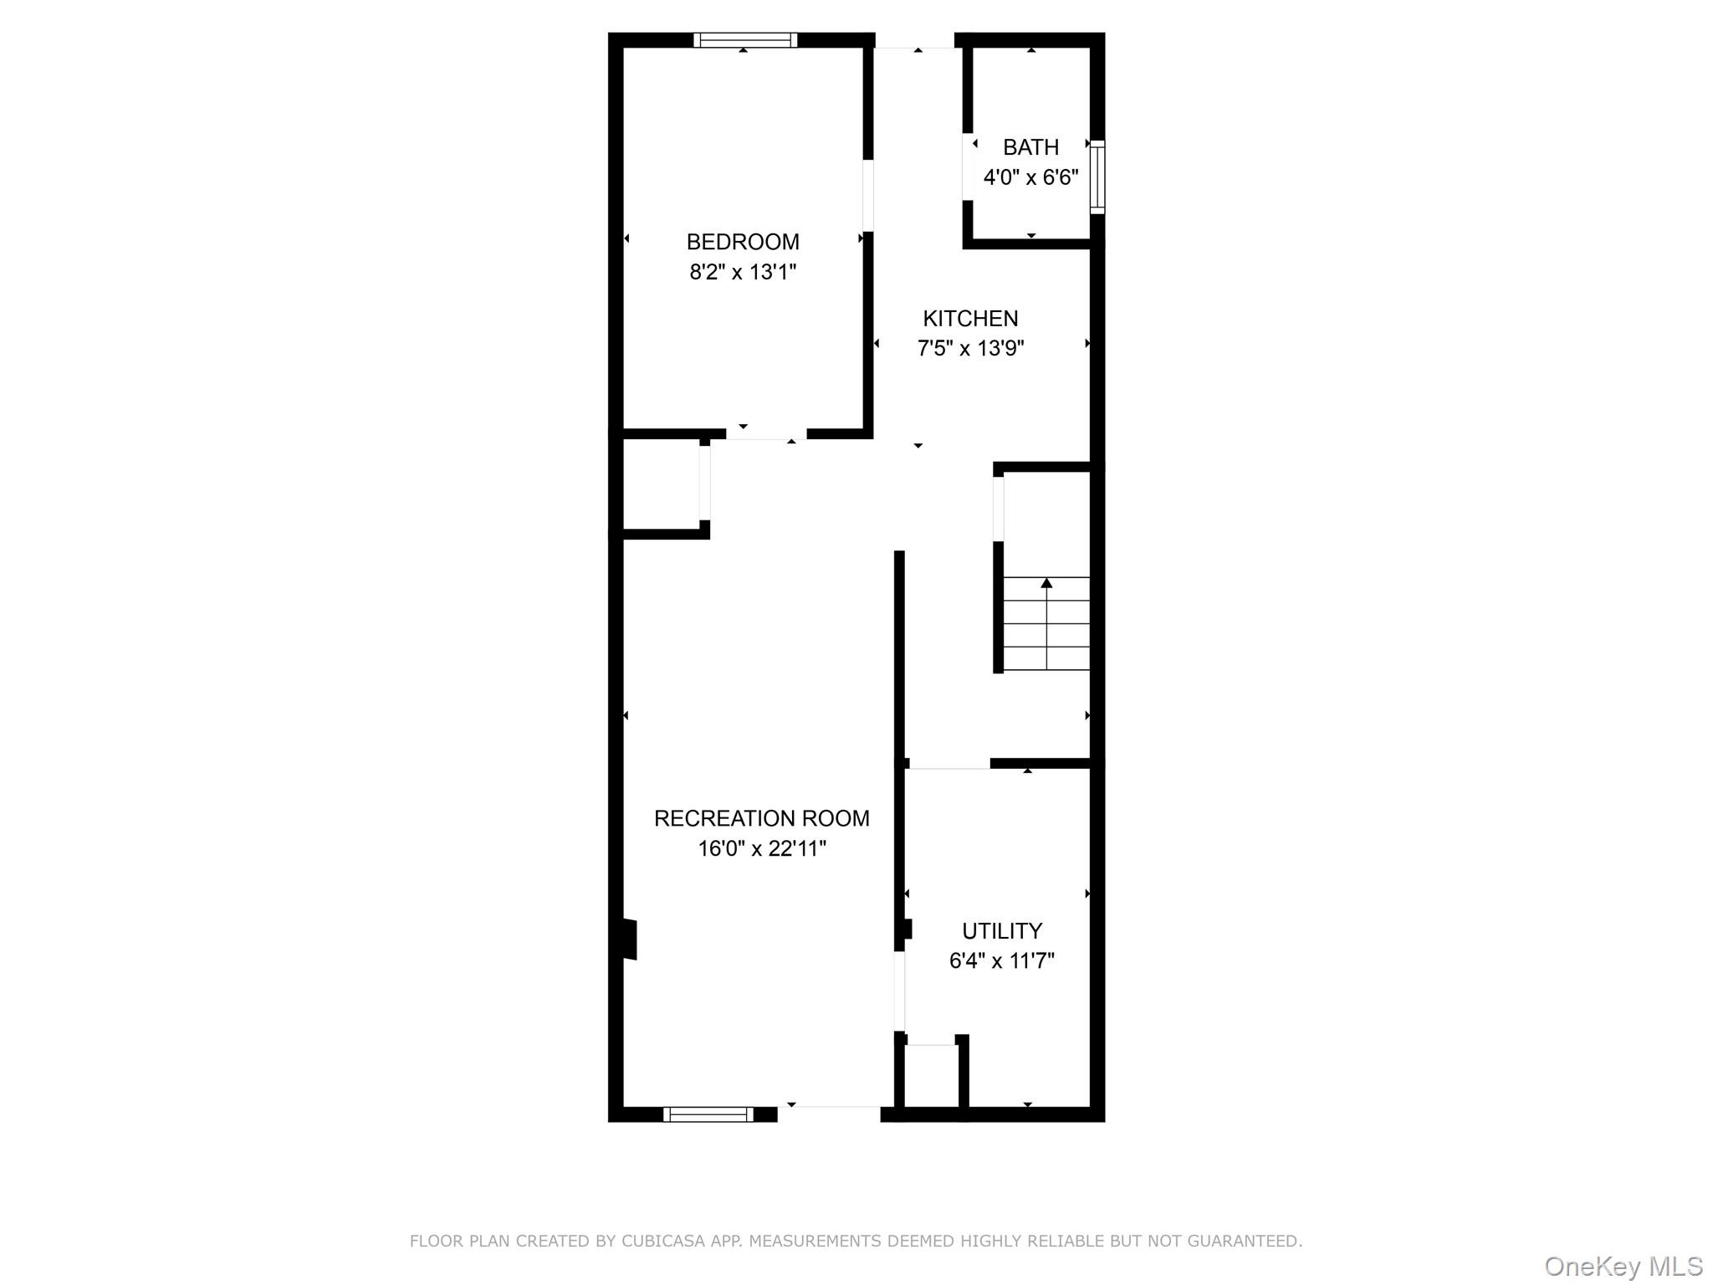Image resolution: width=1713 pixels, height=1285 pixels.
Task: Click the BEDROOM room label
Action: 743,242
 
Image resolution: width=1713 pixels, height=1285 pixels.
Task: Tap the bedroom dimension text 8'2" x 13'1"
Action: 743,272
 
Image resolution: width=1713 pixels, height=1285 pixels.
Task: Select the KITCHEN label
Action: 970,319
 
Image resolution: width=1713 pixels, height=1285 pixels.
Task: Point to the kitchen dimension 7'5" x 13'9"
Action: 970,348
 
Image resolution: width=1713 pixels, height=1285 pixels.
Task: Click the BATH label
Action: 1030,147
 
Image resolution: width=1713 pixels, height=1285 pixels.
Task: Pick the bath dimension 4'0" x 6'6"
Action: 1030,177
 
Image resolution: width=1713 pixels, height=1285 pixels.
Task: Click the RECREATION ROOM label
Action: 761,818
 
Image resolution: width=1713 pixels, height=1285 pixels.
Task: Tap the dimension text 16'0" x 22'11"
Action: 761,848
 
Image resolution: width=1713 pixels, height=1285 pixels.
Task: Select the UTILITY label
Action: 1001,931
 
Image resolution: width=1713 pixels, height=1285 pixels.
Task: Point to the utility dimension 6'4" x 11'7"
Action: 1001,960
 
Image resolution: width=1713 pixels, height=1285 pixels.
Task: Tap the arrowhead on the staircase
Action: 1046,583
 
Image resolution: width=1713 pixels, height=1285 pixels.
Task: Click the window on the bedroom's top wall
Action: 744,39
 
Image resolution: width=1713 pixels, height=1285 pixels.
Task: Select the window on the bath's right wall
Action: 1097,177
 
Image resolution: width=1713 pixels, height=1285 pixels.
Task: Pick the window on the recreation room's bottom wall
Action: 708,1113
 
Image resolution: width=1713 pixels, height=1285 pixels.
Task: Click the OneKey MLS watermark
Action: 1623,1267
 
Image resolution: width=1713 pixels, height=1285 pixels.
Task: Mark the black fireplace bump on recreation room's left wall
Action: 629,939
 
